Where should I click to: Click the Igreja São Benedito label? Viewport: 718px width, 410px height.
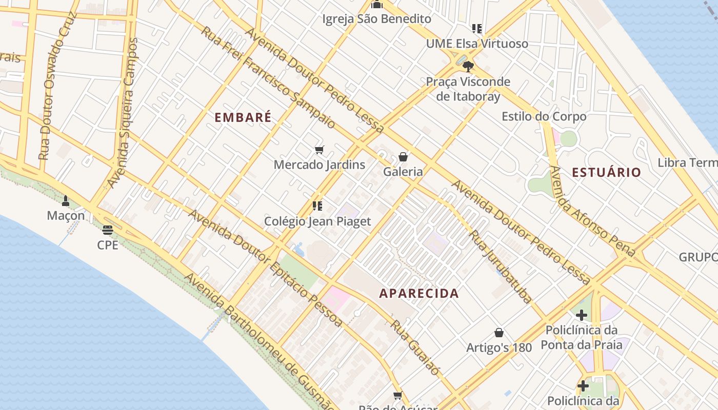(376, 19)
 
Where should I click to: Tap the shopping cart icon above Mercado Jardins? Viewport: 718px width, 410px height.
(320, 150)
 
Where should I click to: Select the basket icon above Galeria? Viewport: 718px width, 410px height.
(403, 157)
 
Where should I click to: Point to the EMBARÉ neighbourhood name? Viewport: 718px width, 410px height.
(243, 117)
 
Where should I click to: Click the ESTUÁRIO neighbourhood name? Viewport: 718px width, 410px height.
(607, 172)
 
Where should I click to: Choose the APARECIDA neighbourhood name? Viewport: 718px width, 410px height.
(419, 294)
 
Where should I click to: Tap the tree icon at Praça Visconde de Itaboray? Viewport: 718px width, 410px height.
(468, 66)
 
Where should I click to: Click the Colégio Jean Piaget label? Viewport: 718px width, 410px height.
(317, 221)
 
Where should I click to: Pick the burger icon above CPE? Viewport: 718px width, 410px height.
(108, 230)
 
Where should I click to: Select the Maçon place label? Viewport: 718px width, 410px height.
(66, 216)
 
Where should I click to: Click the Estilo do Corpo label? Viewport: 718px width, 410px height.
(544, 116)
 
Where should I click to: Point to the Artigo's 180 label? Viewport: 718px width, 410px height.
(499, 347)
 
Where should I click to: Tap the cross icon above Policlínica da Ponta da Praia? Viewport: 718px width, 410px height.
(581, 315)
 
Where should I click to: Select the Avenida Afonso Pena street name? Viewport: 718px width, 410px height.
(592, 211)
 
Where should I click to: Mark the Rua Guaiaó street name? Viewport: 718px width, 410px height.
(416, 347)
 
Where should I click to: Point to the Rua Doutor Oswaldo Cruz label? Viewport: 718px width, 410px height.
(56, 85)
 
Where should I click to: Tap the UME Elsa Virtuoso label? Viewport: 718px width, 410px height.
(477, 44)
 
